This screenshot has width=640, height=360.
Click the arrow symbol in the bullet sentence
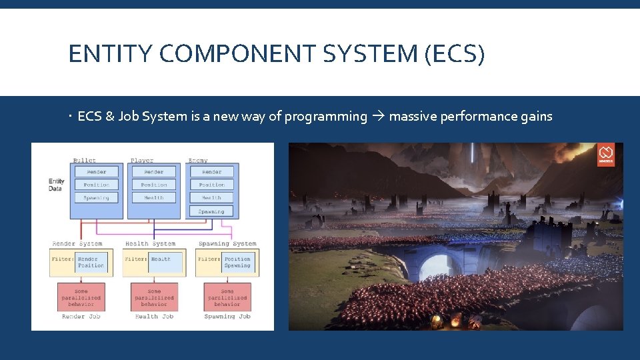pyautogui.click(x=378, y=117)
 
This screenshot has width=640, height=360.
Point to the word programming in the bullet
pyautogui.click(x=325, y=117)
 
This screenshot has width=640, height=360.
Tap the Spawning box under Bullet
pyautogui.click(x=96, y=198)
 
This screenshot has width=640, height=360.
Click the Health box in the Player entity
pyautogui.click(x=154, y=198)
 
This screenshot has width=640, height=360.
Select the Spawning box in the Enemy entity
pyautogui.click(x=211, y=211)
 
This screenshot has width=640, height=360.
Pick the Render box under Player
pyautogui.click(x=154, y=171)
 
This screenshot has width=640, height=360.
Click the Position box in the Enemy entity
pyautogui.click(x=211, y=185)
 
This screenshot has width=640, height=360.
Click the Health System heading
pyautogui.click(x=150, y=243)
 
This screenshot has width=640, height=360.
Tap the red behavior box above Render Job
pyautogui.click(x=81, y=296)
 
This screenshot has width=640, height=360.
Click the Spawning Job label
pyautogui.click(x=227, y=317)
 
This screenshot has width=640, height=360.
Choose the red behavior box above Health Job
pyautogui.click(x=154, y=296)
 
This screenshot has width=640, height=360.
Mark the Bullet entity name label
pyautogui.click(x=84, y=160)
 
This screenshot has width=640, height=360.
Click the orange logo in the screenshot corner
pyautogui.click(x=606, y=155)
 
